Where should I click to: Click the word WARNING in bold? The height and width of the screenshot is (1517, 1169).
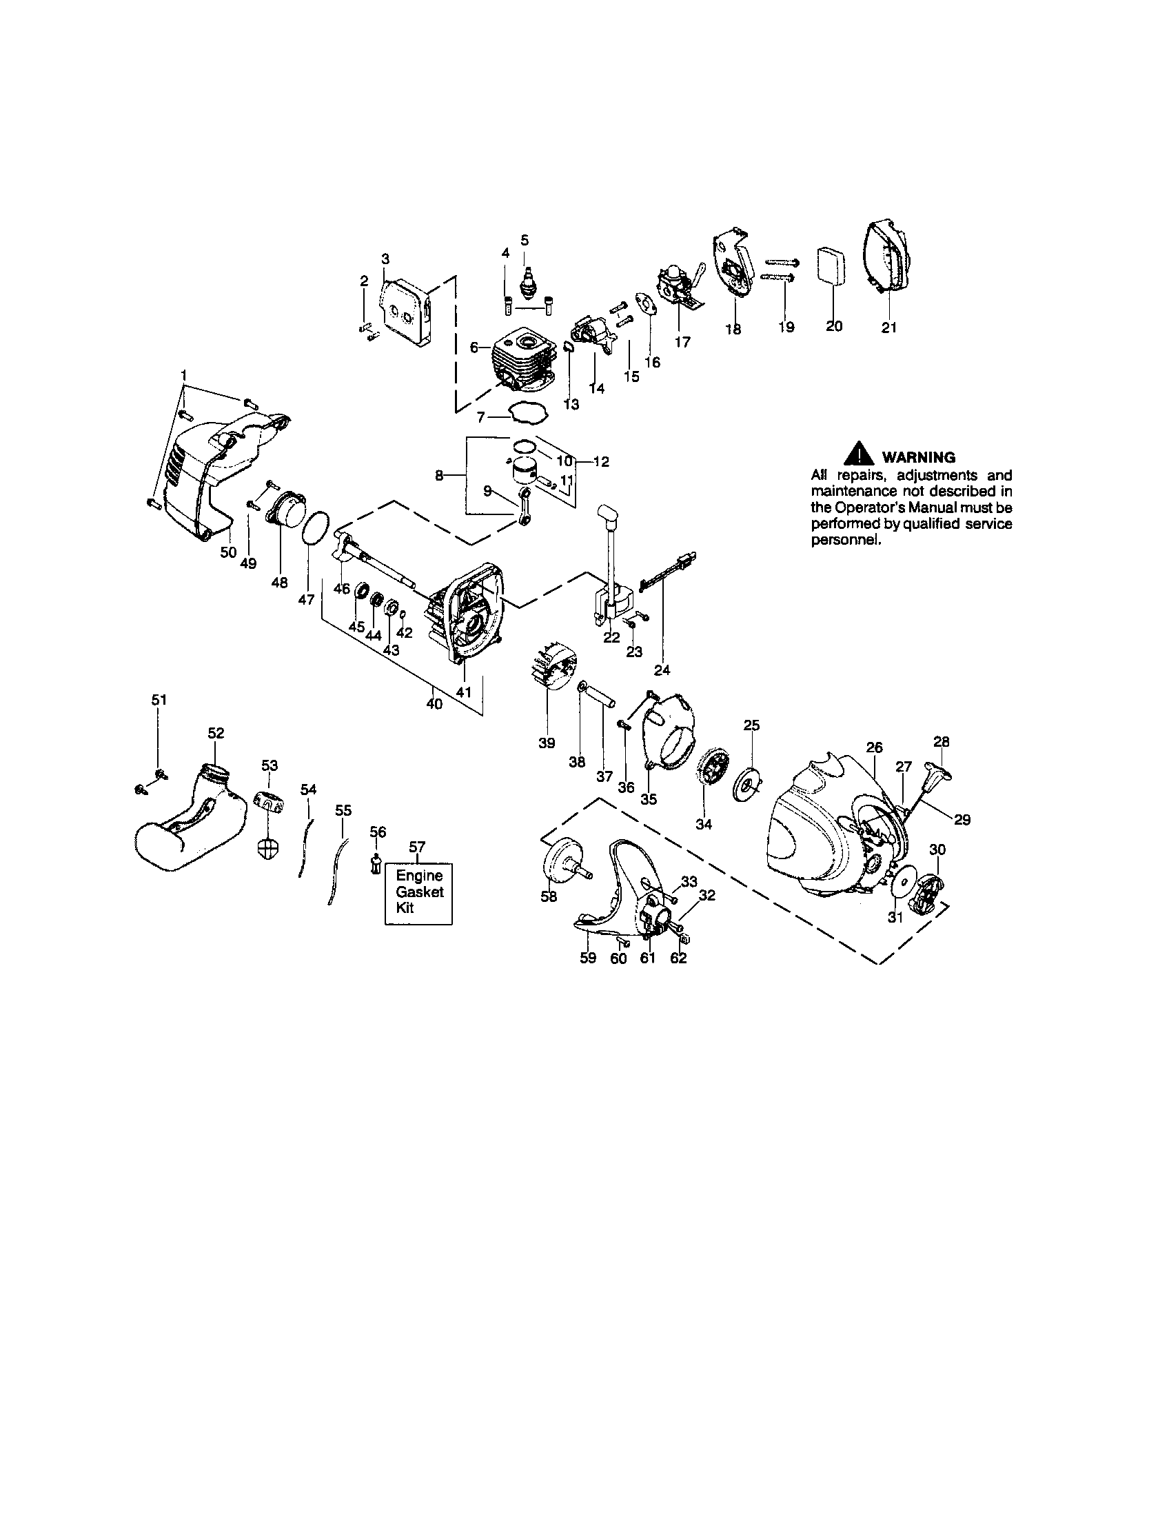pyautogui.click(x=917, y=457)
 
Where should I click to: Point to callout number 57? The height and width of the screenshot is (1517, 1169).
pyautogui.click(x=416, y=846)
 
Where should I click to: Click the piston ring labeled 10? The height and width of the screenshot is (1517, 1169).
pyautogui.click(x=525, y=446)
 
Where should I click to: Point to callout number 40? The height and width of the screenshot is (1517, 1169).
pyautogui.click(x=434, y=703)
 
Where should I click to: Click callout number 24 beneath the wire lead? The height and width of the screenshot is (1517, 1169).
pyautogui.click(x=662, y=670)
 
